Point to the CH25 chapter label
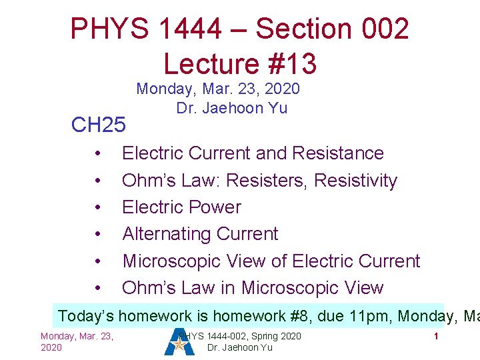(x=98, y=125)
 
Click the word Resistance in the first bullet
(x=345, y=153)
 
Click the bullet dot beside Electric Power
(x=98, y=207)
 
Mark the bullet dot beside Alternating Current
(x=98, y=234)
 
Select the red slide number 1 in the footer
(x=435, y=336)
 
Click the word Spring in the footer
(x=260, y=336)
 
